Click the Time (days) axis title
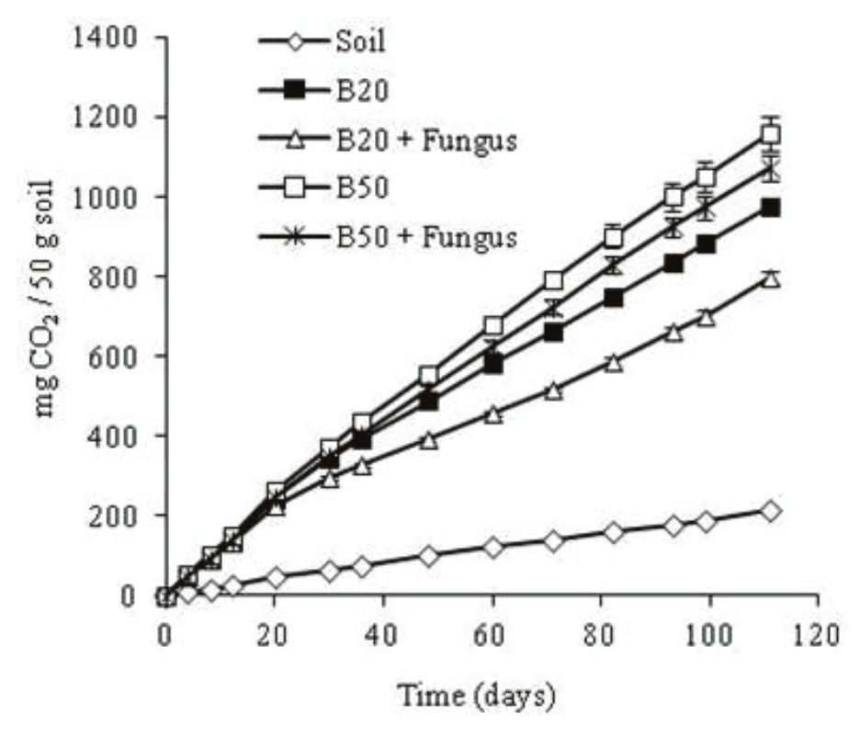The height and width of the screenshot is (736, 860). point(476,696)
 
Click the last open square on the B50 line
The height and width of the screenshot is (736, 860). point(771,134)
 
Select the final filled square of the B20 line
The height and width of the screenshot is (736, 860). point(771,208)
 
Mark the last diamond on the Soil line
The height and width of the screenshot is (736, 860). point(771,511)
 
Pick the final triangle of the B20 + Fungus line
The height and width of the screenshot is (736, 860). point(771,278)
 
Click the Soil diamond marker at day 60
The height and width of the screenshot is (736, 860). point(493,548)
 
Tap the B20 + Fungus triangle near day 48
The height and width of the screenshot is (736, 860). point(428,441)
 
